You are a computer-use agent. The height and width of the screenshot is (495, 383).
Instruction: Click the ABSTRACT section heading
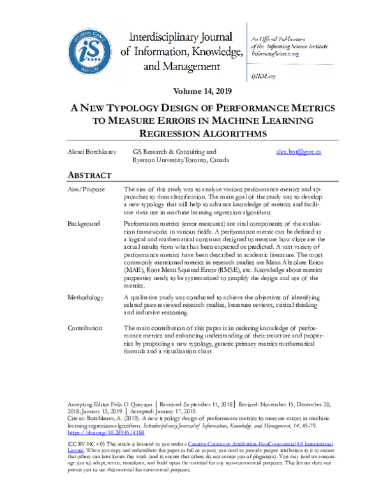point(90,175)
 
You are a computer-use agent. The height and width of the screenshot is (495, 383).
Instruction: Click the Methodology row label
point(86,298)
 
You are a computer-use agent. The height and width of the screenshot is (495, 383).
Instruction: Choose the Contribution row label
point(85,328)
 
